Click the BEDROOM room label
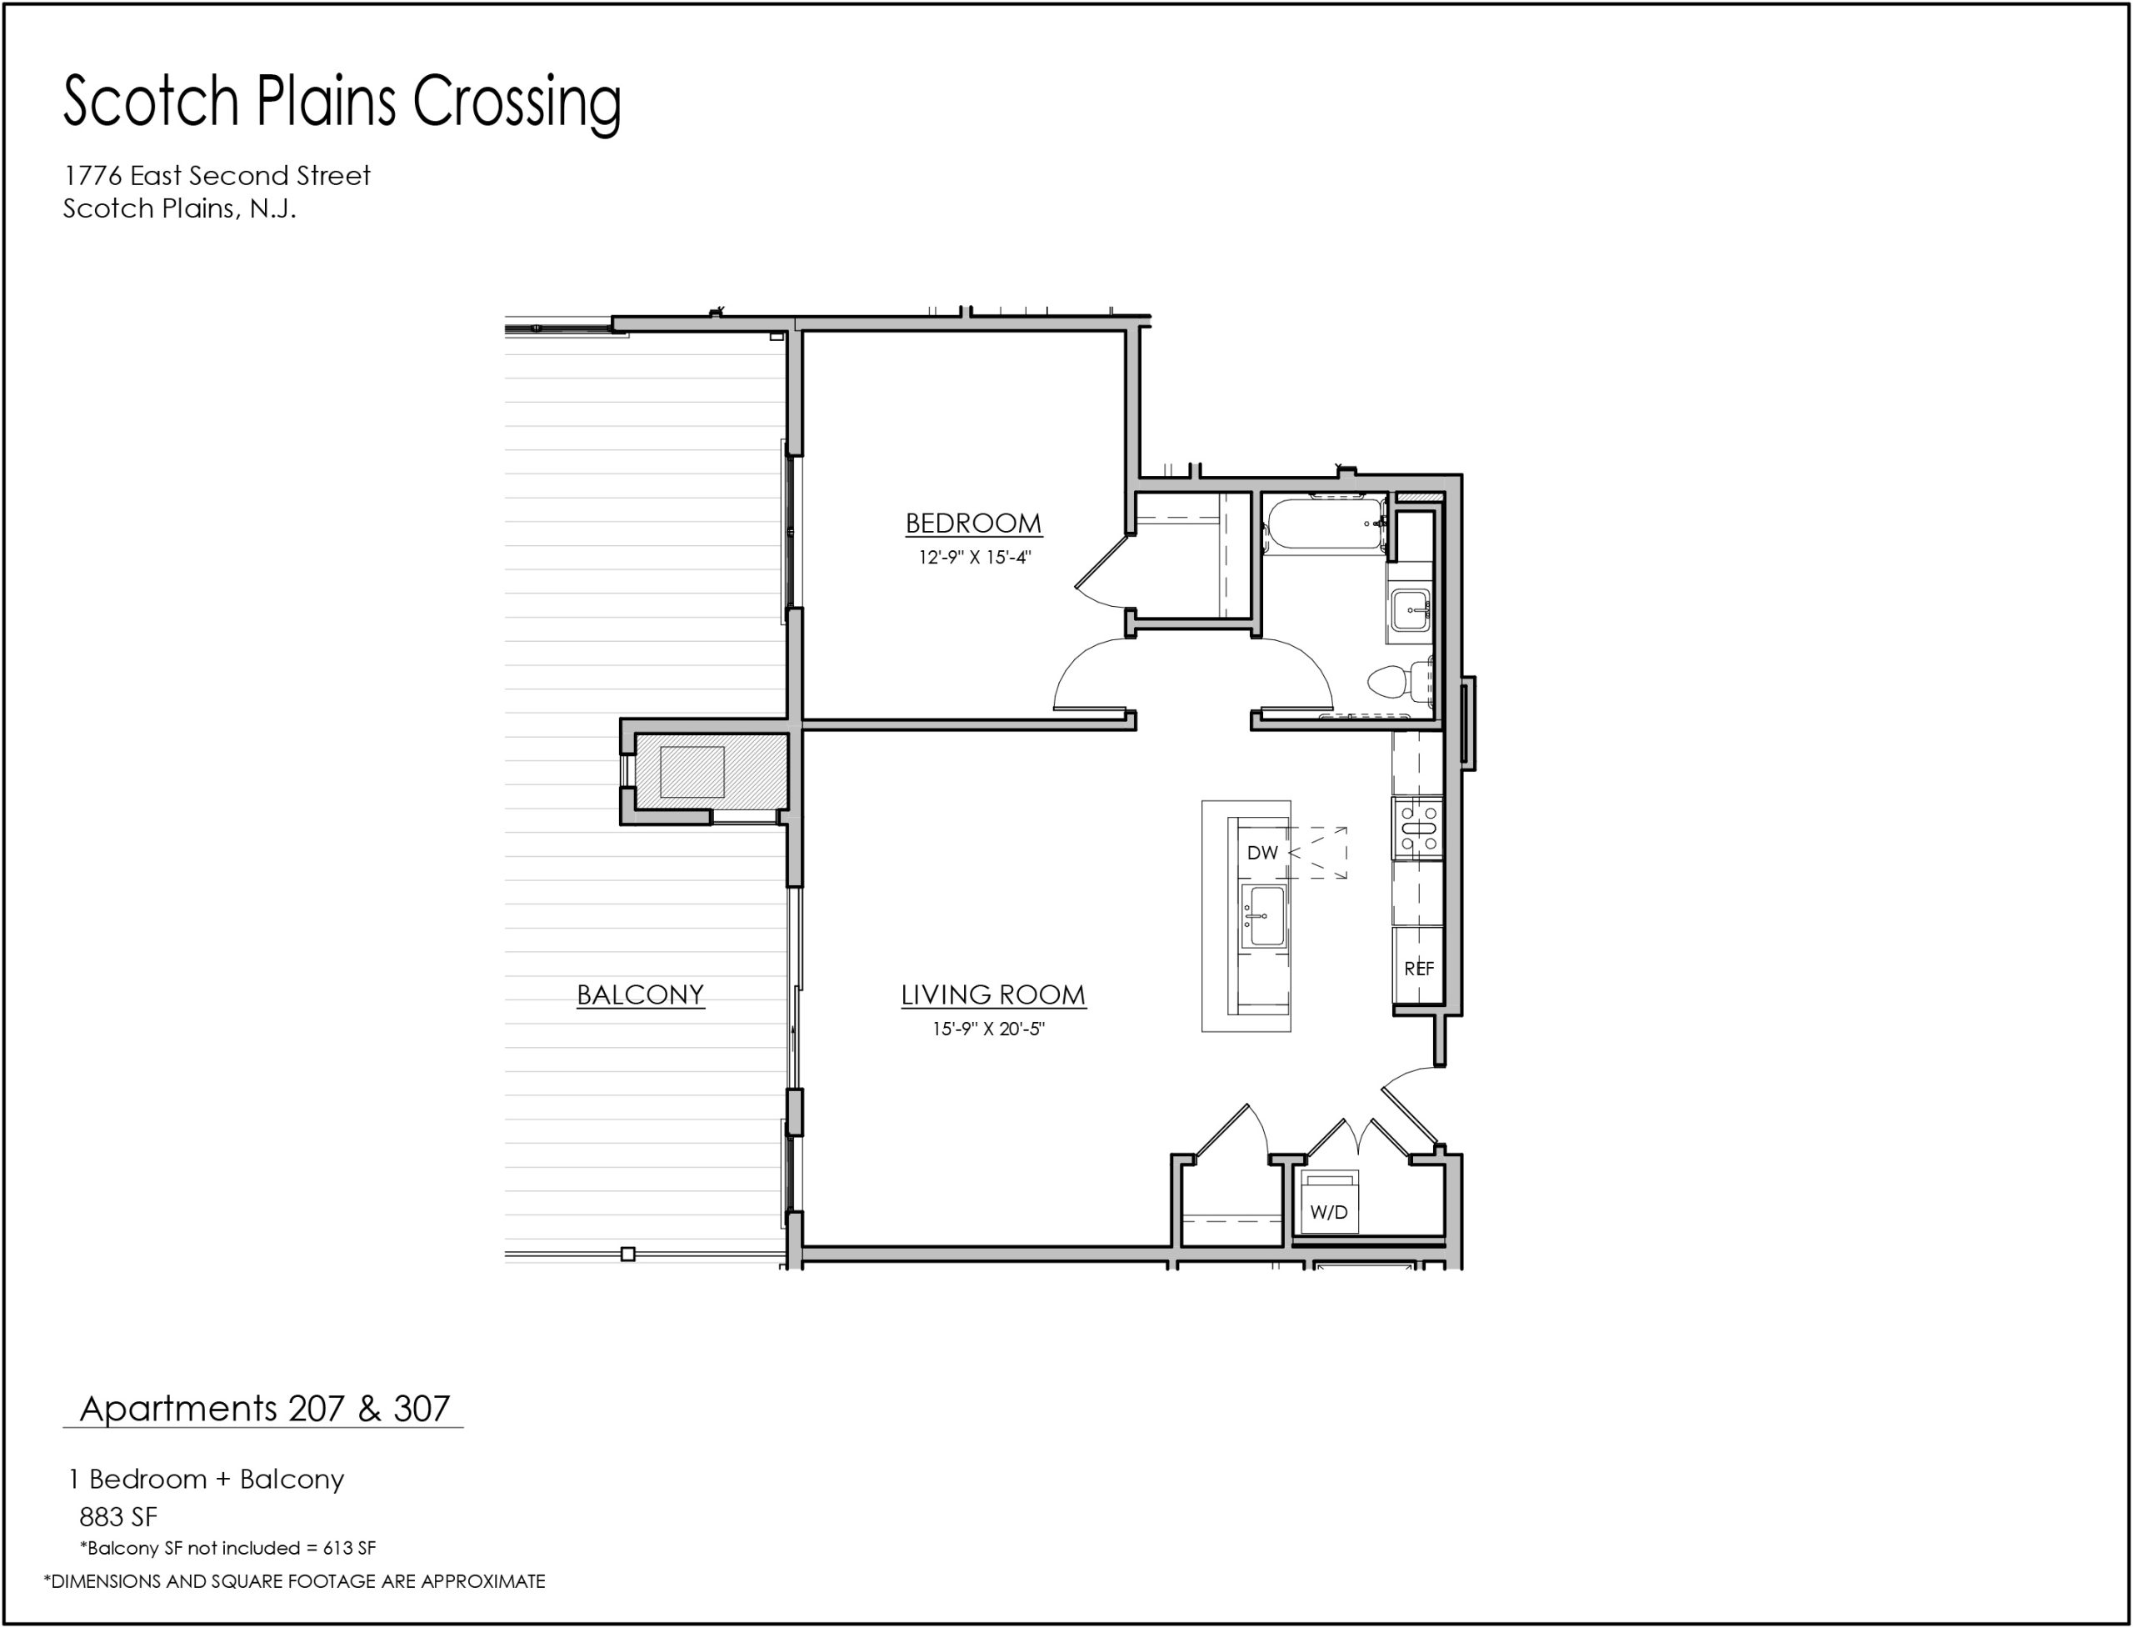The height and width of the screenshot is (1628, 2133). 973,523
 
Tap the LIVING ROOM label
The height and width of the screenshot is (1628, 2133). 993,994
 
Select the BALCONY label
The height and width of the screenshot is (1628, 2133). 640,994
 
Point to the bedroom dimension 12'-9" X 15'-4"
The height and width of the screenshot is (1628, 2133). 975,557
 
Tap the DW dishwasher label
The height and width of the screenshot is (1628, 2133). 1262,853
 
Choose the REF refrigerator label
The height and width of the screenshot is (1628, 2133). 1419,968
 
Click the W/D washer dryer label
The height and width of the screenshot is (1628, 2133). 1328,1212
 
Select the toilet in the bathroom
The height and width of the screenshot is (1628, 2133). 1401,681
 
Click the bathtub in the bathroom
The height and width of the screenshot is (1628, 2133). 1325,524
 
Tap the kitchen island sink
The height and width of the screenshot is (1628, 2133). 1263,916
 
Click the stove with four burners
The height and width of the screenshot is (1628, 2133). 1418,829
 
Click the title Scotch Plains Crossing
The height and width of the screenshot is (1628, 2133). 342,102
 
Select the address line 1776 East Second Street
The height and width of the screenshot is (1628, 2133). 217,175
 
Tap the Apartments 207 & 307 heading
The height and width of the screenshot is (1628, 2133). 264,1408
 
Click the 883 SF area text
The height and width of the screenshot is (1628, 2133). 118,1516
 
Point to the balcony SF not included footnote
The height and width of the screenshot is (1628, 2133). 227,1549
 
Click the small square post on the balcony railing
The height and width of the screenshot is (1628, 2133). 627,1254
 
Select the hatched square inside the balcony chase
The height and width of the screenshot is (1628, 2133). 692,773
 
